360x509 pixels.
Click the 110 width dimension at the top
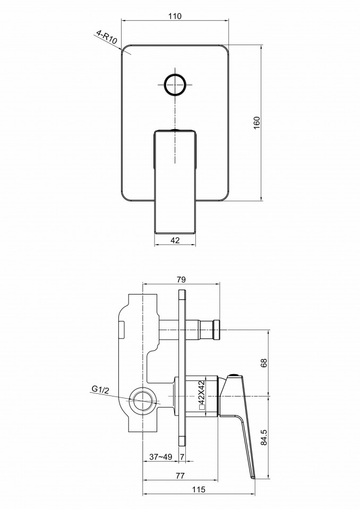pyautogui.click(x=175, y=16)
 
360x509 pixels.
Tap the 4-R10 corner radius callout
pyautogui.click(x=106, y=37)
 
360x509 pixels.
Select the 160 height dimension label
pyautogui.click(x=257, y=123)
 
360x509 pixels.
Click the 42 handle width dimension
pyautogui.click(x=175, y=240)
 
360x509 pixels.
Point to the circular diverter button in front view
pyautogui.click(x=175, y=84)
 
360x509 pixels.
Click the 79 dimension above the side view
pyautogui.click(x=181, y=280)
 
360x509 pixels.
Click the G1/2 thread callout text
pyautogui.click(x=100, y=389)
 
